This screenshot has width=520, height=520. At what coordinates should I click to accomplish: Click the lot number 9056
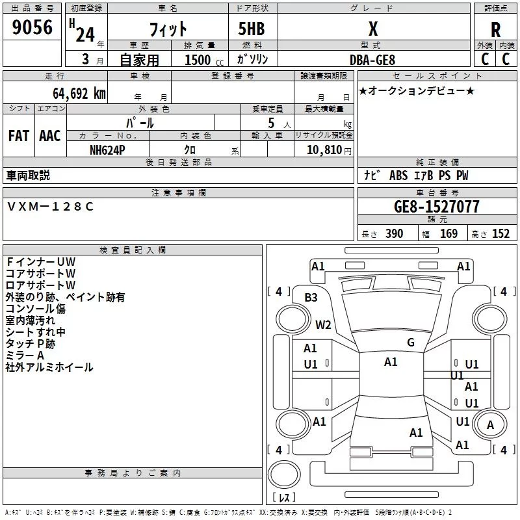(x=32, y=28)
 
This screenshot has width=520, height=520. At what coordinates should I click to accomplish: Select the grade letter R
(x=495, y=29)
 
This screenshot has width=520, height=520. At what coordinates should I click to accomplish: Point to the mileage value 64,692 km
(x=72, y=93)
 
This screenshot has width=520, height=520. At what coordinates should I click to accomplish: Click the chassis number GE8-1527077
(x=437, y=207)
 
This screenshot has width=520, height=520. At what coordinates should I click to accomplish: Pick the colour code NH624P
(x=108, y=149)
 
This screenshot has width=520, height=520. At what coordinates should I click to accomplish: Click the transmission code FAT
(x=18, y=136)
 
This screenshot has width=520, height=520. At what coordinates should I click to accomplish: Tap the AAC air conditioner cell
(x=50, y=136)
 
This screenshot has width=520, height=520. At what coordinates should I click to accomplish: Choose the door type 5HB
(x=247, y=29)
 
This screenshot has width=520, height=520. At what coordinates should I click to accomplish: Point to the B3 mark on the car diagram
(x=311, y=297)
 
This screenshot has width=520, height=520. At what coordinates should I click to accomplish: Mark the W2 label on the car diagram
(x=323, y=324)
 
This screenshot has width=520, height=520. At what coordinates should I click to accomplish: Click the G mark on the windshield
(x=411, y=343)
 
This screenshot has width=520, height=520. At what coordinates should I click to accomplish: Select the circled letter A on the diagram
(x=491, y=425)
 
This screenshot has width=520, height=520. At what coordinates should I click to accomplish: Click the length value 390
(x=394, y=234)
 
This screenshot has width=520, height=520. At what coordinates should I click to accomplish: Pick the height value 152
(x=500, y=234)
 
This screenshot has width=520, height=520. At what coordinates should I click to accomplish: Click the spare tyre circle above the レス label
(x=283, y=474)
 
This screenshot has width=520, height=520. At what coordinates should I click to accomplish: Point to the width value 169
(x=448, y=234)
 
